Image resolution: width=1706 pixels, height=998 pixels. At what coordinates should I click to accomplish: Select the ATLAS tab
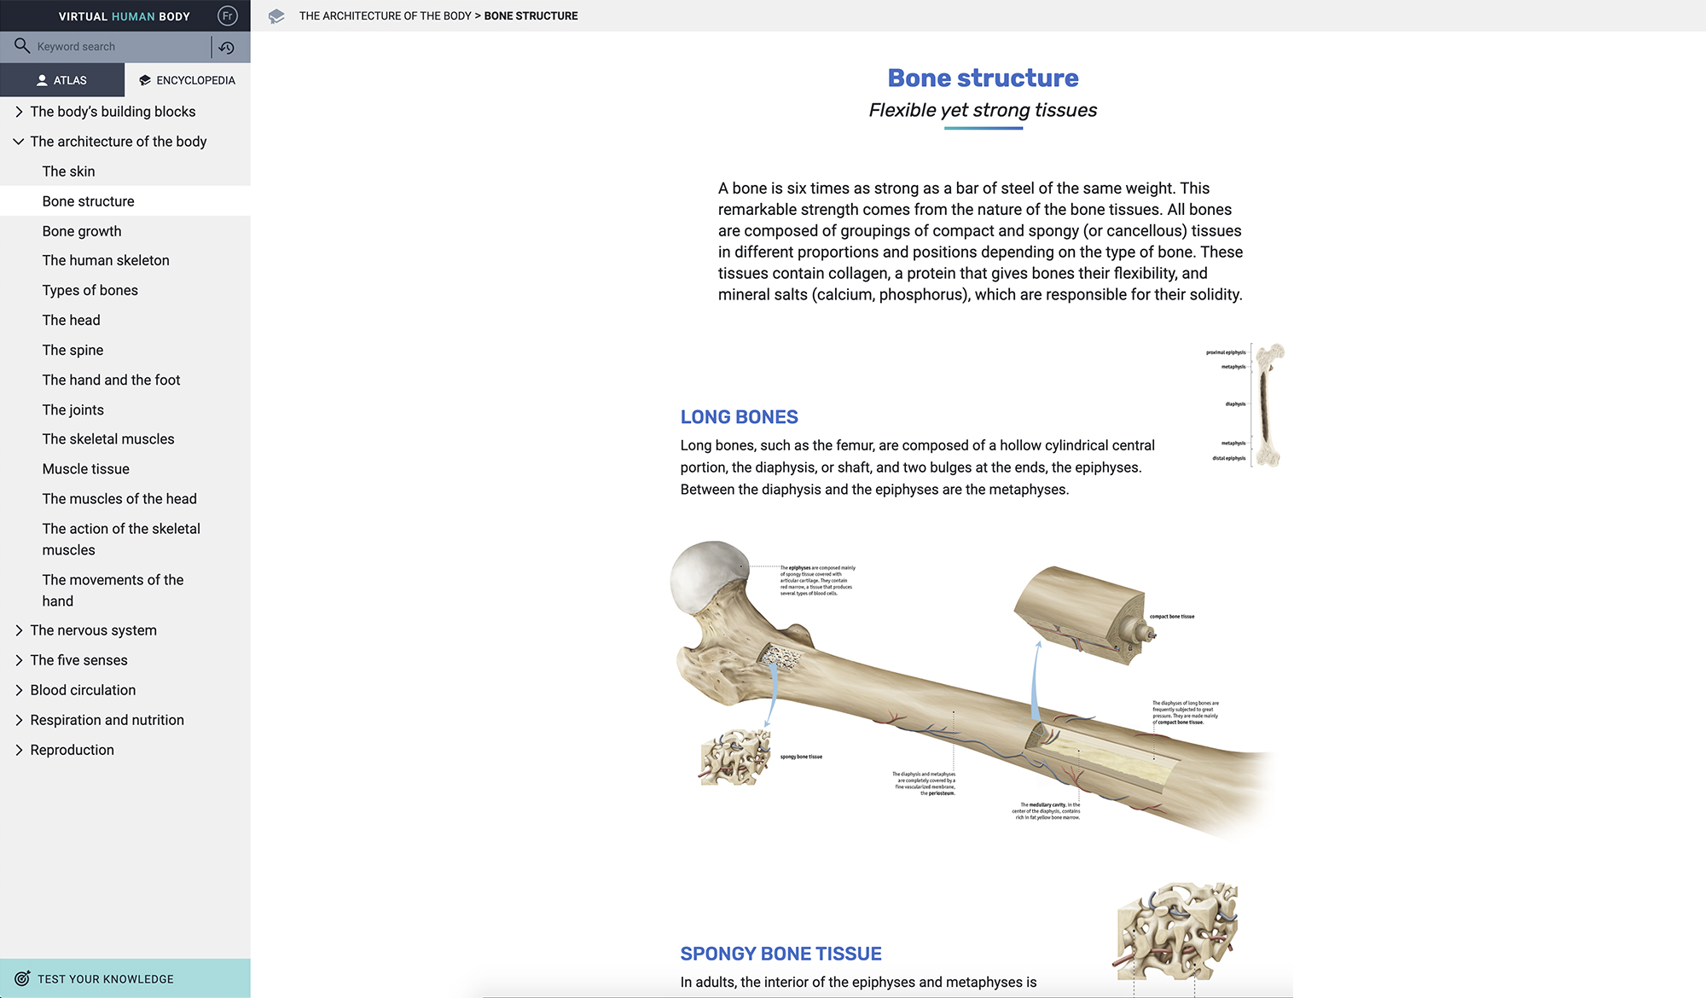62,80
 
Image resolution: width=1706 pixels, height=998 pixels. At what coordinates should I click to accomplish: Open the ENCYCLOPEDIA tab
188,80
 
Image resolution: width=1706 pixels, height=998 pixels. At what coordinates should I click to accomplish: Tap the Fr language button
227,16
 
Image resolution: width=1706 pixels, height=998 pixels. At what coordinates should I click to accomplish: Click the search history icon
226,48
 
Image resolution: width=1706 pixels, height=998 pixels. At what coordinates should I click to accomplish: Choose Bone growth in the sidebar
82,231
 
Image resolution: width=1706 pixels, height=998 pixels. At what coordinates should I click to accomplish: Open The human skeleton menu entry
106,260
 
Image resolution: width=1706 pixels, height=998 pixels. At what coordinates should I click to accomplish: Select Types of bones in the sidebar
90,290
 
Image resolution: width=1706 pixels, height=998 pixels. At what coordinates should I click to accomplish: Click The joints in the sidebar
73,409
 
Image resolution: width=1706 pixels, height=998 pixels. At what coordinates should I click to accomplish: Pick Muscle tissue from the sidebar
86,469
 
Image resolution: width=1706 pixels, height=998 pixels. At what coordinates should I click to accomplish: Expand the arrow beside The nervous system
19,630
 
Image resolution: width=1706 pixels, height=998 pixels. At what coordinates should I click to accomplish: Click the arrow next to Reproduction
19,750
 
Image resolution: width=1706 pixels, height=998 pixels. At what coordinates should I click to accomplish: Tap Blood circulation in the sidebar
83,690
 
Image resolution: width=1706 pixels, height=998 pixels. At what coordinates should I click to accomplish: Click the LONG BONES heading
739,417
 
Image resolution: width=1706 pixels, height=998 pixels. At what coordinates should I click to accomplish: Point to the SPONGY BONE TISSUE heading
780,954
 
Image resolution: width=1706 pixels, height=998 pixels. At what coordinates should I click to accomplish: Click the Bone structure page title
983,78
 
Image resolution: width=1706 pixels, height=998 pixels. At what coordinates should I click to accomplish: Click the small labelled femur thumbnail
1267,405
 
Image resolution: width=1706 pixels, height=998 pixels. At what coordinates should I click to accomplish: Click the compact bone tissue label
1172,617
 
